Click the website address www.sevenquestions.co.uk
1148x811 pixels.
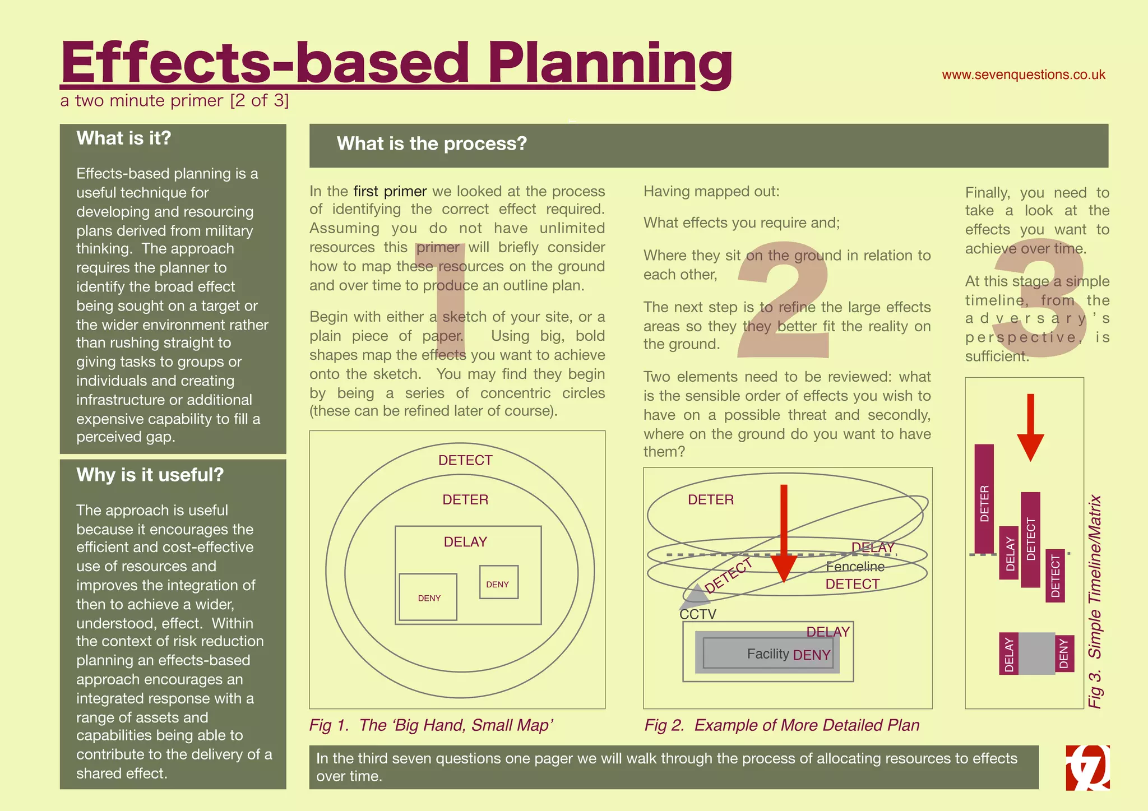tap(1023, 75)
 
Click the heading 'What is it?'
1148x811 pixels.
tap(123, 138)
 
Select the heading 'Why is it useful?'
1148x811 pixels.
tap(150, 475)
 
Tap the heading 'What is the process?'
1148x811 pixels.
tap(432, 144)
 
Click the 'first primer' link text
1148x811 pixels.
tap(390, 192)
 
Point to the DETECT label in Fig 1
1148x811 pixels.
tap(465, 461)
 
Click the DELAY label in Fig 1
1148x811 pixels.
tap(465, 542)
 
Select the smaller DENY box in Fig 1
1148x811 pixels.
tap(498, 583)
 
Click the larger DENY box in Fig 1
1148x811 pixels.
tap(428, 597)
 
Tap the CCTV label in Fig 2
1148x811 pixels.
tap(698, 614)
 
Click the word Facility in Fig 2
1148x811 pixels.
tap(767, 654)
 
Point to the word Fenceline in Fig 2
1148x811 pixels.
tap(855, 567)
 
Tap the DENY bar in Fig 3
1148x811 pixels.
tap(1064, 654)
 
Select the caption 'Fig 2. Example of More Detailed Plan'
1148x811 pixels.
tap(781, 725)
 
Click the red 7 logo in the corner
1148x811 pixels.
tap(1087, 767)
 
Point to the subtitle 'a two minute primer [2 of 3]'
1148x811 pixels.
tap(174, 101)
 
